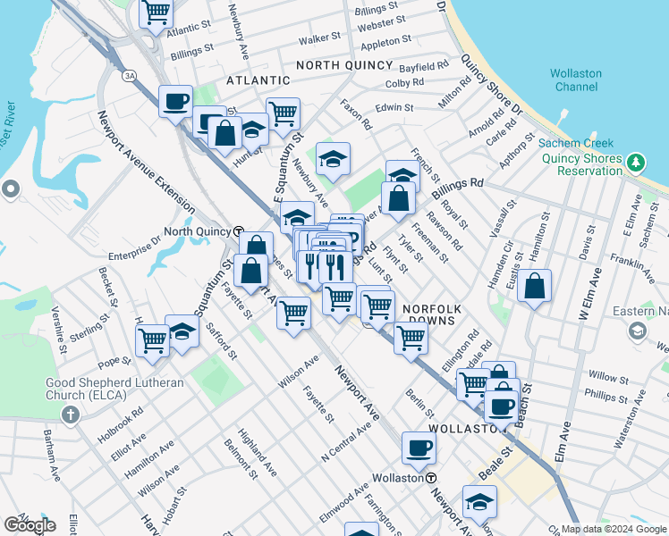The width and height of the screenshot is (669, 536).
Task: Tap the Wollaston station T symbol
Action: click(430, 478)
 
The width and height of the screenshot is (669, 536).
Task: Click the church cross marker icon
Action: click(70, 415)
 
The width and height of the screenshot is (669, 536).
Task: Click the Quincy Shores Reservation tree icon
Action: click(635, 163)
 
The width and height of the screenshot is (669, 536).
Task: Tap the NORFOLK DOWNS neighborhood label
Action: click(436, 313)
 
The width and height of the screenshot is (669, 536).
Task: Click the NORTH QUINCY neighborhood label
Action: click(344, 65)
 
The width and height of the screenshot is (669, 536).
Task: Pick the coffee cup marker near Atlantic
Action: click(176, 100)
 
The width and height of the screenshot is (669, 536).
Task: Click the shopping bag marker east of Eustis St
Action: click(534, 286)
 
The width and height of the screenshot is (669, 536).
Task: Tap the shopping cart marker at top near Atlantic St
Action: click(157, 13)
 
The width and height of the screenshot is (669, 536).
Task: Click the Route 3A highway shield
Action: click(130, 75)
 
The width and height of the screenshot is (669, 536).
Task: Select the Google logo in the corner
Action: click(30, 524)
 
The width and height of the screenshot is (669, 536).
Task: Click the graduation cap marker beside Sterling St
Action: click(182, 332)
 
